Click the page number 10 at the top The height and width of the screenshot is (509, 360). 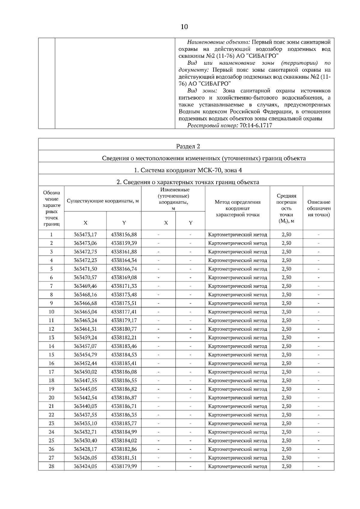pos(184,27)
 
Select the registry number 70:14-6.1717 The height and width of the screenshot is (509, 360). pos(256,125)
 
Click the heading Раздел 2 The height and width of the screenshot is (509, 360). pos(188,146)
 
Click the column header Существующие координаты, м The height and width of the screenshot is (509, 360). pos(103,201)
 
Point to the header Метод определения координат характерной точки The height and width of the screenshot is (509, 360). pos(237,208)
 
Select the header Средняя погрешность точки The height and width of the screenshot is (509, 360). pos(286,208)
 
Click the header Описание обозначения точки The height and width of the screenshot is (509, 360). pos(318,208)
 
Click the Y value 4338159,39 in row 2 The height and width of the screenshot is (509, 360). pos(124,243)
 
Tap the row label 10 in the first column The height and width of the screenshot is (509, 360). pos(51,312)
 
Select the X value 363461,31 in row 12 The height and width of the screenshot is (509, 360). pos(85,329)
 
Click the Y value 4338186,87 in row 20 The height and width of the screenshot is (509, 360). pos(124,397)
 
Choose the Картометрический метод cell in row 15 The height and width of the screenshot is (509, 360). pos(237,355)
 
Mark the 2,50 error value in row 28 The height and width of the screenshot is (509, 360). pos(286,466)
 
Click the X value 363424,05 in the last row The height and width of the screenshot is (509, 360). pos(85,466)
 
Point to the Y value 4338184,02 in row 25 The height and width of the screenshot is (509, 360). pos(124,440)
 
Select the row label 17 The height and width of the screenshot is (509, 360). pos(51,372)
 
